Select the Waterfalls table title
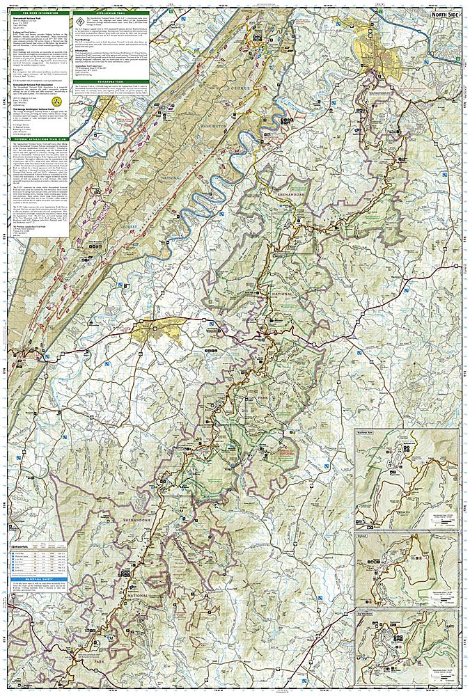pos(28,548)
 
